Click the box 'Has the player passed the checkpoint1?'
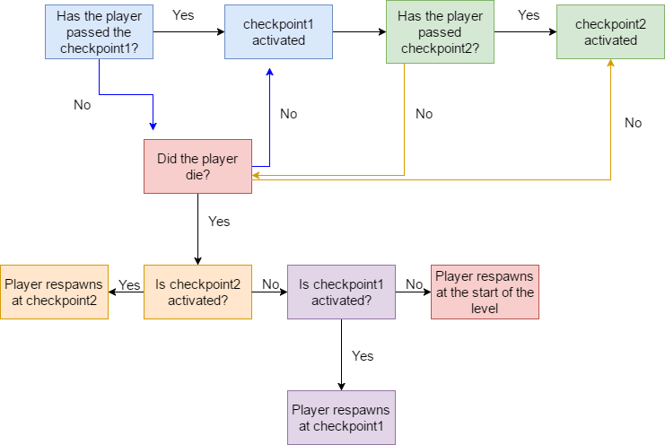click(99, 31)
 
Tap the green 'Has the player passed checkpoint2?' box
click(440, 31)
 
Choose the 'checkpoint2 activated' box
click(610, 31)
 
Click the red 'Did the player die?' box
click(197, 166)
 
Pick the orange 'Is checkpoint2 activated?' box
click(197, 292)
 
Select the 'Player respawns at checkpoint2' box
click(54, 292)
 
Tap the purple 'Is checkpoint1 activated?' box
click(341, 292)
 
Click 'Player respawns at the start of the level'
click(485, 292)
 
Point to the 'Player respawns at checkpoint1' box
click(341, 417)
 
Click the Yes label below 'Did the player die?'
click(219, 222)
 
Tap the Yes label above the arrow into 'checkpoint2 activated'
click(529, 15)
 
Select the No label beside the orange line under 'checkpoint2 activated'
click(634, 123)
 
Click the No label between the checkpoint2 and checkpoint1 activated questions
click(269, 284)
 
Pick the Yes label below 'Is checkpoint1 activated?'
click(363, 356)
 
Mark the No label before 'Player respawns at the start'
click(414, 284)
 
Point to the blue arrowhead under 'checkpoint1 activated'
click(269, 74)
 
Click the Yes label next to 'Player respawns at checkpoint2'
click(129, 284)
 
